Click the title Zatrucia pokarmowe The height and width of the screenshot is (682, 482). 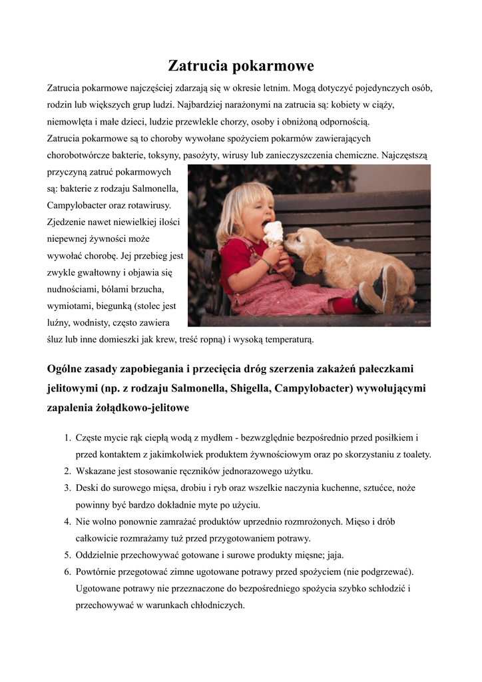tap(240, 66)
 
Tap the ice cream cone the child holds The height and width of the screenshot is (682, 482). tap(273, 234)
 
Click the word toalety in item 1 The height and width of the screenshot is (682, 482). tap(415, 454)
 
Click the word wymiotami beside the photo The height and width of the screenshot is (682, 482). tap(70, 306)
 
